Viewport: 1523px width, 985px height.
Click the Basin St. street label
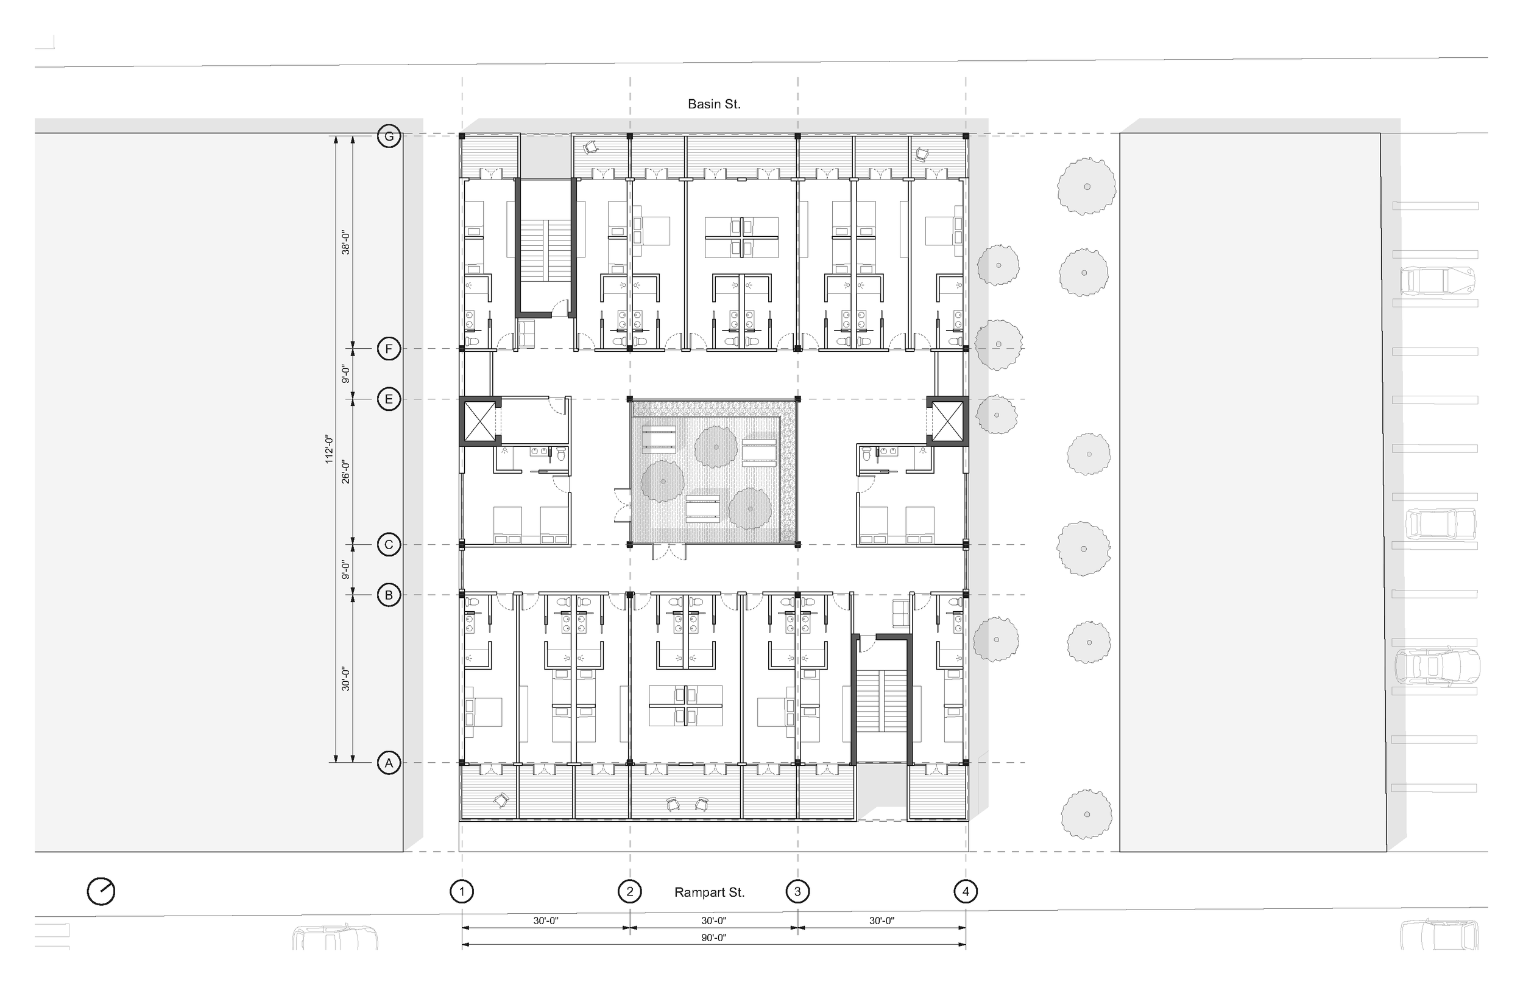(x=714, y=104)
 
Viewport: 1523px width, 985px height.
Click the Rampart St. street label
(x=709, y=892)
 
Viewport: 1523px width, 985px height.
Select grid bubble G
(x=389, y=136)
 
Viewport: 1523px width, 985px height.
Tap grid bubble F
(x=389, y=349)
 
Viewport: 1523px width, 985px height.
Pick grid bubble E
(x=389, y=400)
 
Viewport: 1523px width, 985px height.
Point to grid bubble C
(x=389, y=545)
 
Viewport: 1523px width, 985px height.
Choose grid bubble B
(x=389, y=595)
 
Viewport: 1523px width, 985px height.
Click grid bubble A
(x=389, y=763)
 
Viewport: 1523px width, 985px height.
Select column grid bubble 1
(x=462, y=892)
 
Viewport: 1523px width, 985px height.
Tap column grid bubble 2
(x=630, y=892)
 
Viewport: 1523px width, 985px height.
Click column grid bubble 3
(x=797, y=892)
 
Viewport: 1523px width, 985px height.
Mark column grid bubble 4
(x=966, y=892)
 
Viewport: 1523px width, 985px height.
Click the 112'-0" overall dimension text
(x=329, y=449)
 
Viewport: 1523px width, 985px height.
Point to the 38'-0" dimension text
(x=345, y=243)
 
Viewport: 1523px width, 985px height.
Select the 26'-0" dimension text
(x=345, y=471)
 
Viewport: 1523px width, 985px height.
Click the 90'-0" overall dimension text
(x=713, y=938)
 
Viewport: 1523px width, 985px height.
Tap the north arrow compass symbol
(x=101, y=892)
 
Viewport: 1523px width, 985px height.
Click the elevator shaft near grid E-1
(x=480, y=421)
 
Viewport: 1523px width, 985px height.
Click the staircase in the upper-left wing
(x=544, y=251)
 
